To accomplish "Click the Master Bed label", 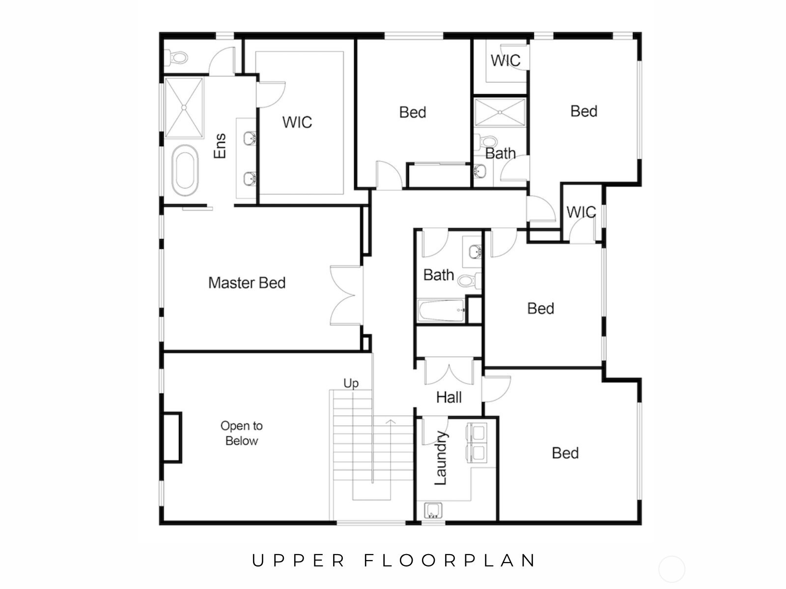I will coord(247,283).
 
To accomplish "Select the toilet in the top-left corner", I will coord(177,58).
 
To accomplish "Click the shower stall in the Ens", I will coord(184,107).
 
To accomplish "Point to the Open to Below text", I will coord(241,433).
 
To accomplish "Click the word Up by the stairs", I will coord(351,383).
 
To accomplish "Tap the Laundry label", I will coord(441,458).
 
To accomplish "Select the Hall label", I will coord(449,397).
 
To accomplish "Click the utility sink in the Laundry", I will coord(433,510).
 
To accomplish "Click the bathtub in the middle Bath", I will coord(441,311).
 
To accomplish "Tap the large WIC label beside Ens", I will coord(297,122).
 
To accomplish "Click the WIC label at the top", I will coord(505,60).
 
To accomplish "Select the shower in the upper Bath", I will coord(500,112).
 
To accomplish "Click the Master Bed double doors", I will coord(346,295).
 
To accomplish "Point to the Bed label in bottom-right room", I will coord(565,453).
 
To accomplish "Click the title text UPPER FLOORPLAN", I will coord(394,561).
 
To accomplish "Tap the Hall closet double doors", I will coord(449,372).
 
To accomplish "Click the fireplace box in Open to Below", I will coord(172,437).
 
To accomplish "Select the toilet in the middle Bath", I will coord(469,281).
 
